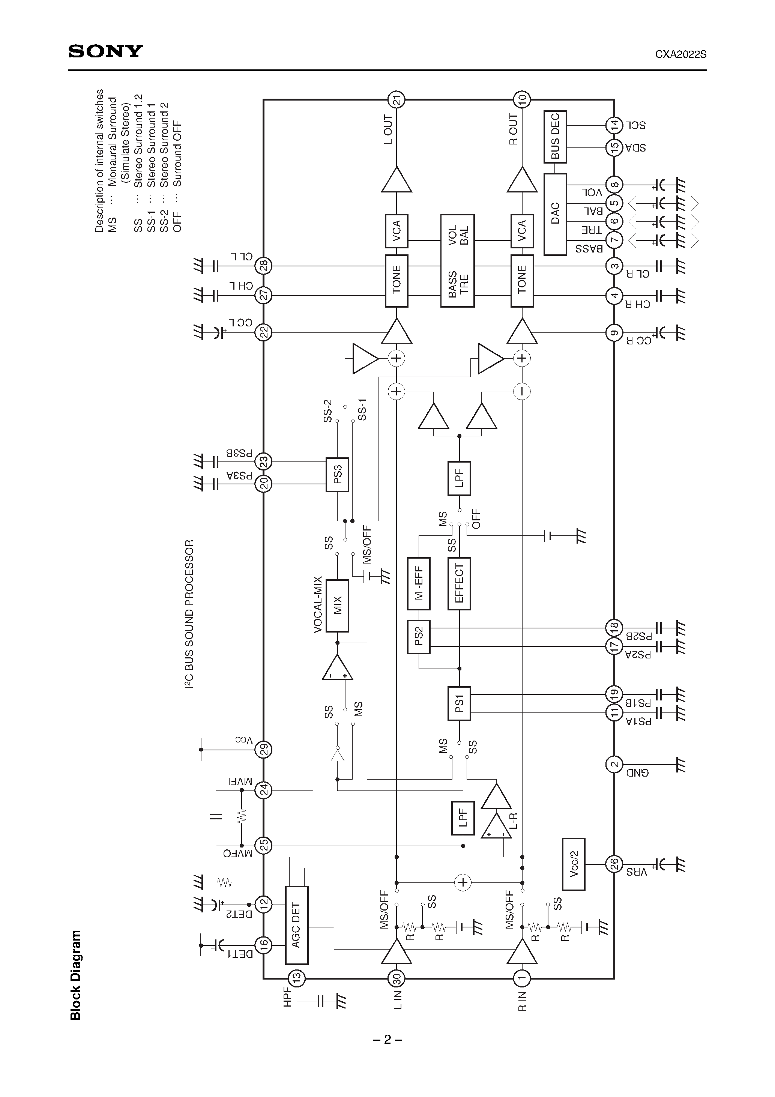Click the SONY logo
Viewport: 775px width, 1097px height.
click(105, 51)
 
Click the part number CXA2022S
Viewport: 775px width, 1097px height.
click(680, 54)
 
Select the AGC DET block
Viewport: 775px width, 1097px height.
click(296, 925)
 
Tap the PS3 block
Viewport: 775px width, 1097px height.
click(337, 475)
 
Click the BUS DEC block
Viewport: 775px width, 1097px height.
click(555, 137)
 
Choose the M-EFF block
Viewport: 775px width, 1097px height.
click(419, 583)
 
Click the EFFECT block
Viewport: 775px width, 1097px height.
click(459, 583)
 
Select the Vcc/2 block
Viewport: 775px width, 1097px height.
click(574, 864)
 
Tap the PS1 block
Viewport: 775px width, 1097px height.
click(459, 703)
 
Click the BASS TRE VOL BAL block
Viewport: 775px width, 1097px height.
click(457, 260)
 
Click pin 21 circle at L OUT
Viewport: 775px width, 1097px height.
click(396, 99)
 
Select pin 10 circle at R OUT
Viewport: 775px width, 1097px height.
click(522, 99)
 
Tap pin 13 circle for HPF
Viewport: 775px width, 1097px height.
click(296, 978)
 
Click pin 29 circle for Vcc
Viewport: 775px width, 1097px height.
click(263, 749)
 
